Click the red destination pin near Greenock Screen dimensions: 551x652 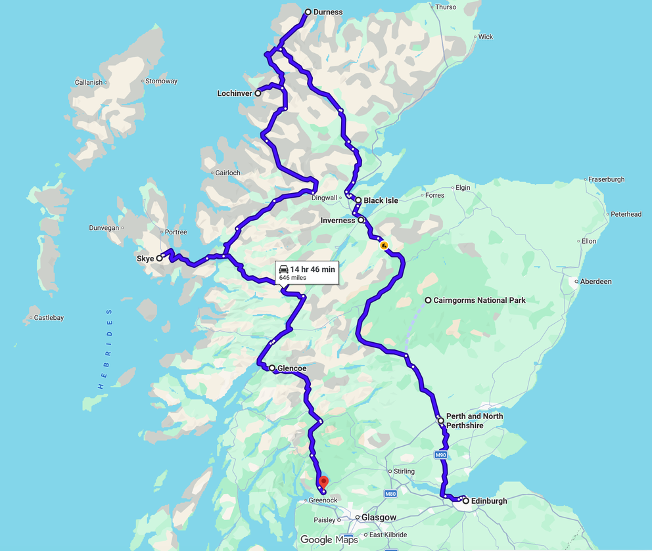tap(323, 483)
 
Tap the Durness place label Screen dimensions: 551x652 tap(328, 12)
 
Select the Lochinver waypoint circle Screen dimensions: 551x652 tap(258, 93)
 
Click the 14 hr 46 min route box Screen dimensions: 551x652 tap(307, 273)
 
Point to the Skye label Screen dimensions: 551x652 tap(145, 259)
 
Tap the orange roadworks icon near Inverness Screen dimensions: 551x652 tap(384, 245)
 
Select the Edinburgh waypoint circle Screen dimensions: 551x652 tap(466, 501)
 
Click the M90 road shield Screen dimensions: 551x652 tap(440, 454)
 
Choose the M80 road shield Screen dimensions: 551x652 tap(390, 494)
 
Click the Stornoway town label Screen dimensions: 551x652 tap(161, 81)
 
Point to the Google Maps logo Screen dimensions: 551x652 tap(329, 540)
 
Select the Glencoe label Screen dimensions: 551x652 tap(292, 368)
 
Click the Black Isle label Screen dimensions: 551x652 tap(381, 200)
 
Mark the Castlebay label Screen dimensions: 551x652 tap(49, 318)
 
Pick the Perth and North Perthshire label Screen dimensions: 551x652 tap(475, 421)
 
